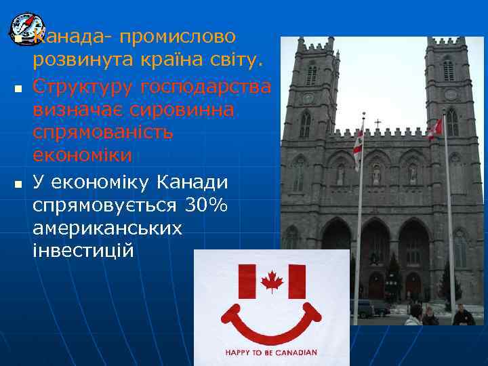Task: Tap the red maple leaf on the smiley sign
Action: (272, 281)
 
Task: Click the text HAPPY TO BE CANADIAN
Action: (271, 352)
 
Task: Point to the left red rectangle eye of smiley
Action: (247, 281)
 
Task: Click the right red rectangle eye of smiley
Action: (297, 281)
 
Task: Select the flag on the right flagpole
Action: (435, 127)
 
